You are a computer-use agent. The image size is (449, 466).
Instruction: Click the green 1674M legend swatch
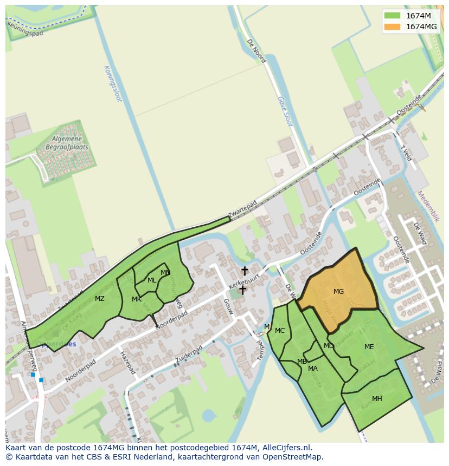tap(392, 16)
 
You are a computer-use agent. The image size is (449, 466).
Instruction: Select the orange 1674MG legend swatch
tap(392, 27)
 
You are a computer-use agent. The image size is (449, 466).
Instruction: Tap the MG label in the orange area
tap(338, 292)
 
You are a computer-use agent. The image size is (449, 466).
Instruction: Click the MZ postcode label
tap(100, 299)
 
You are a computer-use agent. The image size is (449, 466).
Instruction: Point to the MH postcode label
tap(377, 399)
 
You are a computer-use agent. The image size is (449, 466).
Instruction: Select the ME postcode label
tap(369, 347)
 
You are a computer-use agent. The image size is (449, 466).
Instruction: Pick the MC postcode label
tap(280, 331)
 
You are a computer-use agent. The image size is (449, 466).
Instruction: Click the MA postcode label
tap(313, 369)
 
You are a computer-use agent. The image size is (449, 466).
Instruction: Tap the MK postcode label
tap(137, 299)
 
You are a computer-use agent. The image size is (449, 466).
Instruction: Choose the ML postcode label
tap(152, 280)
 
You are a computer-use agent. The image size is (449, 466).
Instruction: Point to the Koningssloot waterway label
tap(112, 84)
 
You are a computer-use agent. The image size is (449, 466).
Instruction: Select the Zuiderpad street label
tap(189, 355)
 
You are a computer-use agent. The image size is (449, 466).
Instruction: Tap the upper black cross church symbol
tap(245, 270)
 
